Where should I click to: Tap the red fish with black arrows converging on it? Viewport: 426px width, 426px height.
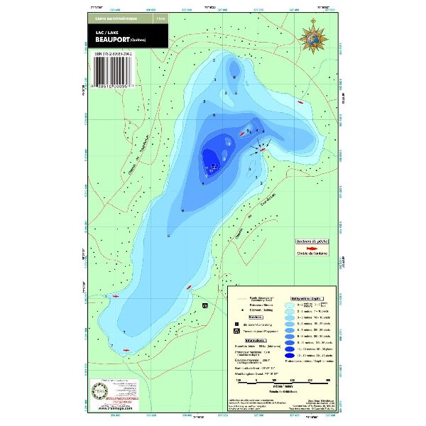(x=262, y=148)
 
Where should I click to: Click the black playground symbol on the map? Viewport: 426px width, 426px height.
(x=205, y=306)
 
